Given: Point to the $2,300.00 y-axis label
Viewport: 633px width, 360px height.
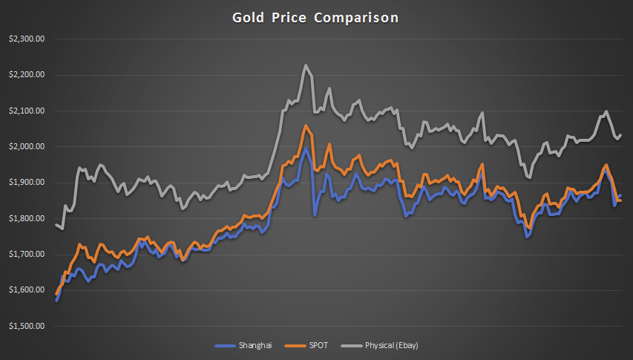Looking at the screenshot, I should pyautogui.click(x=27, y=39).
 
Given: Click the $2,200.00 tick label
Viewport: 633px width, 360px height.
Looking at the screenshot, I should pyautogui.click(x=27, y=75).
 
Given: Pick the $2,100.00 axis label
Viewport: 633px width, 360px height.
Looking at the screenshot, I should pyautogui.click(x=27, y=111).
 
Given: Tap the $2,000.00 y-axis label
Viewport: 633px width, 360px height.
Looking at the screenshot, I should pyautogui.click(x=27, y=147).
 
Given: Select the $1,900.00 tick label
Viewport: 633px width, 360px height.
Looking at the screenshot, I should pyautogui.click(x=27, y=183).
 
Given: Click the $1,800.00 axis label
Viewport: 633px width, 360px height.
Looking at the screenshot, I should pyautogui.click(x=27, y=218).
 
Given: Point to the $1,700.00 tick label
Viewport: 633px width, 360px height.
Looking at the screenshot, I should pyautogui.click(x=27, y=255).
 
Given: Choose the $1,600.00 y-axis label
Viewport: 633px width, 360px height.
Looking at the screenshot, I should pyautogui.click(x=27, y=290).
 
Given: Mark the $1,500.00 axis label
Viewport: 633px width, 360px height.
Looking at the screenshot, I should pyautogui.click(x=27, y=326).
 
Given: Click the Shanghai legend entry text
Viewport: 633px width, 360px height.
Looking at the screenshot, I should pyautogui.click(x=255, y=346).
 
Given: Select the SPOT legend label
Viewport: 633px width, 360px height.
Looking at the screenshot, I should pyautogui.click(x=318, y=346).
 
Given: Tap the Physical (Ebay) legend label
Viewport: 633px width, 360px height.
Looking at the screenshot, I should pyautogui.click(x=392, y=346).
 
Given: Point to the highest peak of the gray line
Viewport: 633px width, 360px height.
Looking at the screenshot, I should pyautogui.click(x=306, y=65).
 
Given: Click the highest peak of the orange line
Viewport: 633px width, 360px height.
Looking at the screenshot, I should pyautogui.click(x=306, y=126).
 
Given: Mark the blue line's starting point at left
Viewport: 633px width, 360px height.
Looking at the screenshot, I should pyautogui.click(x=56, y=300).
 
